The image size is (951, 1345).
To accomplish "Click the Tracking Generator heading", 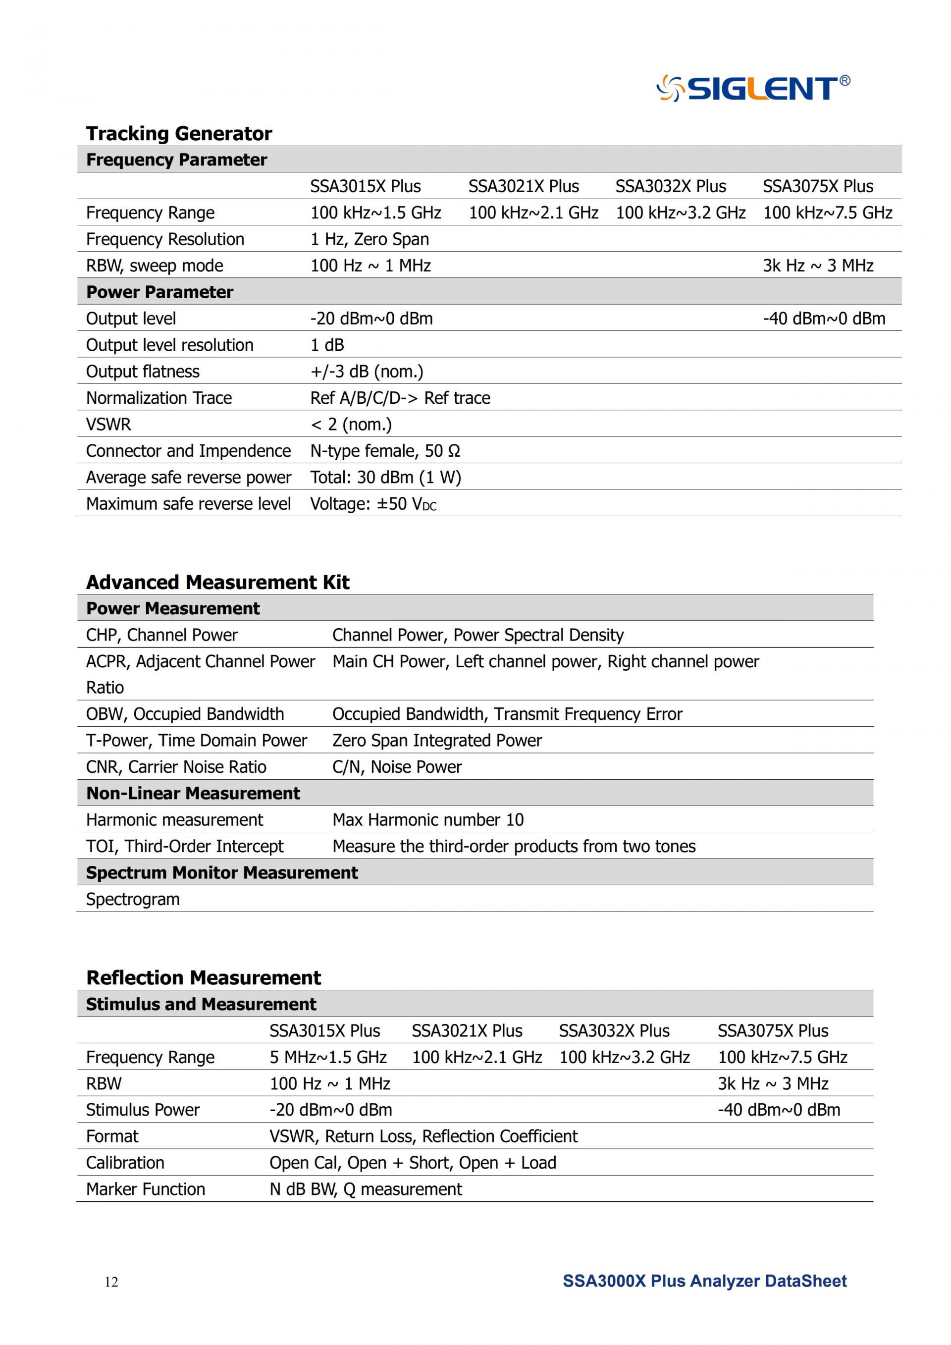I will [179, 134].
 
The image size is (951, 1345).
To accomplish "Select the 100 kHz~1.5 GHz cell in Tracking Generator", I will [375, 213].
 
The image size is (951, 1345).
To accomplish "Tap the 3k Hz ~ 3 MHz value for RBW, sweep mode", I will [817, 266].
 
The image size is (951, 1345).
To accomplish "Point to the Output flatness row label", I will [142, 372].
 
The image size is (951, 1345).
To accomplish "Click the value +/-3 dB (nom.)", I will [367, 372].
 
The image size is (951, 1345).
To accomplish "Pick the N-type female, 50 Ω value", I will [385, 451].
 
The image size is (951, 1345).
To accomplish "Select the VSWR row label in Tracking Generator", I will [108, 424].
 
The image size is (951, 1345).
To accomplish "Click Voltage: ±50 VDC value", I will [373, 504].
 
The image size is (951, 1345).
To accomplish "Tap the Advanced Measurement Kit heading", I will [217, 582].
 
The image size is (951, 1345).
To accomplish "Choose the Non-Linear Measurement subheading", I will [193, 793].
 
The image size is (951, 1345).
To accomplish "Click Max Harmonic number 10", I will [427, 819].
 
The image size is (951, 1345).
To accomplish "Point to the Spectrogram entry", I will [132, 899].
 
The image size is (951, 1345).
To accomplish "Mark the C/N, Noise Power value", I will [396, 767].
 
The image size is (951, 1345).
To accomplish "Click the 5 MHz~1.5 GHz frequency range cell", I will [328, 1057].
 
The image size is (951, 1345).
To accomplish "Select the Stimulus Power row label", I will [142, 1110].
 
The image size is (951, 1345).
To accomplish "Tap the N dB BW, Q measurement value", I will [366, 1189].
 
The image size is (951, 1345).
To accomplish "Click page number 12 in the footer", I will [111, 1282].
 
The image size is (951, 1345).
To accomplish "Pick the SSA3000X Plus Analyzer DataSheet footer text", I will [704, 1281].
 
